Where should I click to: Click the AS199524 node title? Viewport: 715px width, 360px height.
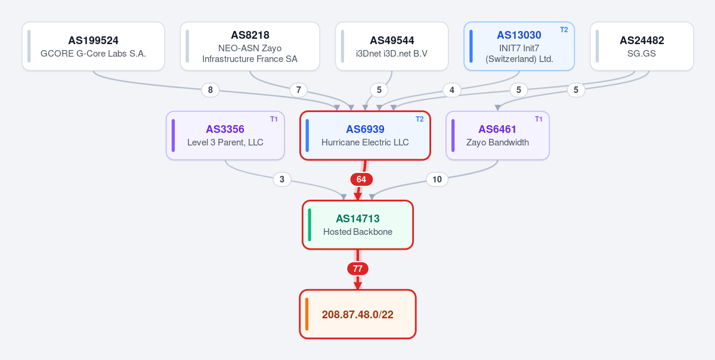click(x=94, y=41)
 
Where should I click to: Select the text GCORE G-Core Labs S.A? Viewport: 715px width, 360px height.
click(x=94, y=53)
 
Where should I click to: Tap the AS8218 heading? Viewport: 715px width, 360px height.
click(x=250, y=35)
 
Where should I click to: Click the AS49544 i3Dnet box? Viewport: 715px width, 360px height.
click(x=392, y=46)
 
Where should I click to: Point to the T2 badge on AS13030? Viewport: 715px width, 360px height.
click(x=564, y=30)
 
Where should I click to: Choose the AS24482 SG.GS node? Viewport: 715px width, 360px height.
click(x=642, y=46)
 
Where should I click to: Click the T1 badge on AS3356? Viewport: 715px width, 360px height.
click(x=274, y=119)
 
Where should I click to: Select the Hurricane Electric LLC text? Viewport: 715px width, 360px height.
click(x=365, y=142)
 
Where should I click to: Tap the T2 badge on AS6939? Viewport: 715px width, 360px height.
click(x=419, y=119)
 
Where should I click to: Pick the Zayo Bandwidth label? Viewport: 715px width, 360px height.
click(x=497, y=142)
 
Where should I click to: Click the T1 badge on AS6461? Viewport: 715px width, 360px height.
click(x=538, y=119)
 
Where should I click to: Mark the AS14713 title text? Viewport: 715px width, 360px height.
click(x=358, y=219)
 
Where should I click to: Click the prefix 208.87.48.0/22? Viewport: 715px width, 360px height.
click(x=358, y=315)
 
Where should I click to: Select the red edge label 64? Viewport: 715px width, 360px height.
click(x=361, y=179)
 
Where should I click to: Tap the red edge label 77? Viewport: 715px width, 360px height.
click(x=358, y=269)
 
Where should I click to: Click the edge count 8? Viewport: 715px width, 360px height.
click(x=211, y=90)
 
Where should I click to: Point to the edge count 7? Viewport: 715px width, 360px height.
click(x=299, y=90)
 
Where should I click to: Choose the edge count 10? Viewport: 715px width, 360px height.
click(x=437, y=179)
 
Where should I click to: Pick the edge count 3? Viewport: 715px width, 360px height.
click(x=282, y=179)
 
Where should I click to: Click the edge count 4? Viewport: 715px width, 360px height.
click(x=452, y=90)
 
